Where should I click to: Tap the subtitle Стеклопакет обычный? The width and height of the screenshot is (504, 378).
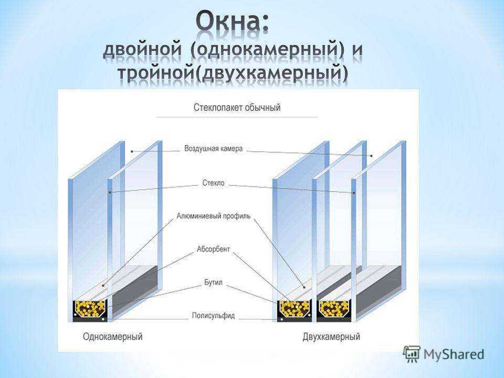237,107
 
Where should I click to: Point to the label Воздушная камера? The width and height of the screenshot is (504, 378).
214,149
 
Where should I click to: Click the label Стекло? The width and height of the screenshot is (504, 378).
214,183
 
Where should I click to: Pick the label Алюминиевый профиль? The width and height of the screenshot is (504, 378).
214,216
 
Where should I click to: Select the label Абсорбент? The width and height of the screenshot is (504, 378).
214,249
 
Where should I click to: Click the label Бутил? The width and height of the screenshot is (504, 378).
214,282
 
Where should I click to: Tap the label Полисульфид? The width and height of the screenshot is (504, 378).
214,316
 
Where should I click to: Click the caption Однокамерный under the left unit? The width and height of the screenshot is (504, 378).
112,337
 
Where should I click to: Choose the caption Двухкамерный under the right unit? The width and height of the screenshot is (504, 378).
331,337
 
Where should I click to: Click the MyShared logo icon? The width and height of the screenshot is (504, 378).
412,354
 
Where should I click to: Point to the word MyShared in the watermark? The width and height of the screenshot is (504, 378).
454,354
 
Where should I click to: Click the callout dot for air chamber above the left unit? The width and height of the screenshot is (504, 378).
132,151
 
